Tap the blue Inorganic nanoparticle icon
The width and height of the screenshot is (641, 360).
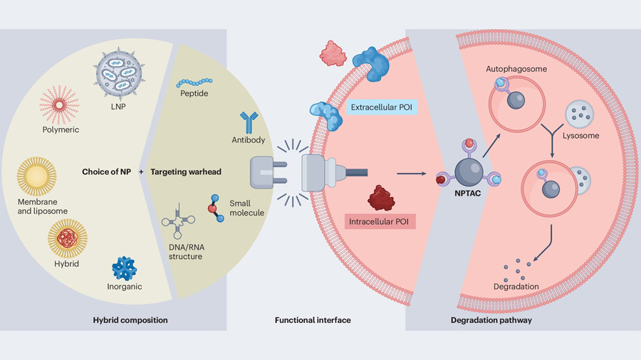point(125,268)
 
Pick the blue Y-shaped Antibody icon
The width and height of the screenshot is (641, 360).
point(249,122)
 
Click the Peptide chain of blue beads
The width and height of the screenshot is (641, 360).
point(194,83)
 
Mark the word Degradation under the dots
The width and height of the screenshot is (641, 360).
point(516,286)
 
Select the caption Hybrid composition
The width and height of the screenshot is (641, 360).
point(130,320)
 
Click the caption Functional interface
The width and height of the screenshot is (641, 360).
point(313,320)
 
